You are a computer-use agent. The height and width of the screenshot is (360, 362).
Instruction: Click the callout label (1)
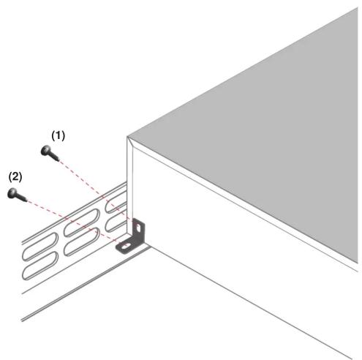(59, 135)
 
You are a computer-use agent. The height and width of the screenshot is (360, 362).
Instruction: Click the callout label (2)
(15, 176)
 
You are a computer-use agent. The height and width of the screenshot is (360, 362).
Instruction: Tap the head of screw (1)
(46, 150)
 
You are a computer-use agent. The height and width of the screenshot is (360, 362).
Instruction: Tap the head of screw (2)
(12, 193)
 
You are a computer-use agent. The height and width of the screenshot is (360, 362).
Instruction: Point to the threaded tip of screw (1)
(57, 160)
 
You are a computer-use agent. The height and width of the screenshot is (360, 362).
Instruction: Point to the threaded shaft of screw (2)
(22, 198)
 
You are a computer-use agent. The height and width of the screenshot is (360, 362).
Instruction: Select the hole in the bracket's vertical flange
(138, 228)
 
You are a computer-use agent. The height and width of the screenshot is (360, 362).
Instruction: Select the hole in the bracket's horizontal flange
(125, 247)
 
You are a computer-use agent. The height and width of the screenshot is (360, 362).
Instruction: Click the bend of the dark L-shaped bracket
(137, 241)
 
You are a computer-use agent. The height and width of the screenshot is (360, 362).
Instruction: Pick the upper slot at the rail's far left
(40, 246)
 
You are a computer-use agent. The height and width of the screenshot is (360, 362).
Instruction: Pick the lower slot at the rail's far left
(40, 266)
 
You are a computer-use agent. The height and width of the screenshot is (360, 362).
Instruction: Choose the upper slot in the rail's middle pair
(82, 222)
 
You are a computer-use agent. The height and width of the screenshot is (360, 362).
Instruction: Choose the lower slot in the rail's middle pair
(82, 241)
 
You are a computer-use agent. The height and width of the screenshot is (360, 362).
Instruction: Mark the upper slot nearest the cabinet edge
(116, 201)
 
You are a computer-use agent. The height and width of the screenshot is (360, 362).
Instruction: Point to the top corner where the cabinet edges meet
(127, 137)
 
